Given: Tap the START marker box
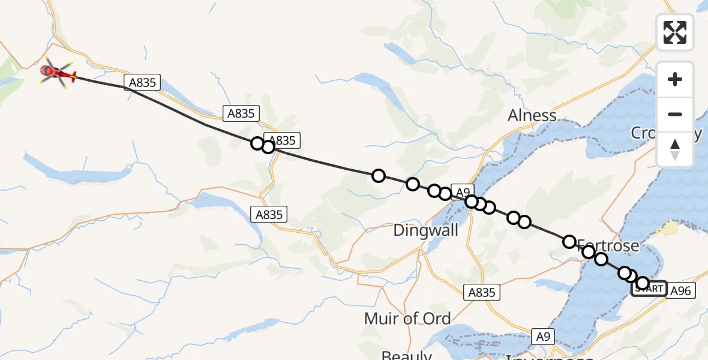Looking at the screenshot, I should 649,289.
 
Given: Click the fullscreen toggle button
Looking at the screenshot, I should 675,32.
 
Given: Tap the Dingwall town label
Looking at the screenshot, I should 425,230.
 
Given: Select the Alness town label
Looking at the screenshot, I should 532,115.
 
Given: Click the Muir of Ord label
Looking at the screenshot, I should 407,318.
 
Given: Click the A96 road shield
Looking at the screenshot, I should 680,291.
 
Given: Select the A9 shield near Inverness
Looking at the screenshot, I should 543,336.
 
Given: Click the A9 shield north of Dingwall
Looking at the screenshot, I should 461,192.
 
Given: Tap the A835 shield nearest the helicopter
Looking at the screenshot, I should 143,83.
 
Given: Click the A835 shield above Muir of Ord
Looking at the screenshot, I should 481,292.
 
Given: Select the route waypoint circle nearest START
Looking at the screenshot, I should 643,283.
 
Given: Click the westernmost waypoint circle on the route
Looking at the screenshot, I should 257,143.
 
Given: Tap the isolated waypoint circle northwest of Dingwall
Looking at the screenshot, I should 378,176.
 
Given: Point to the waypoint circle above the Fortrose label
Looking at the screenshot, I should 569,242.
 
